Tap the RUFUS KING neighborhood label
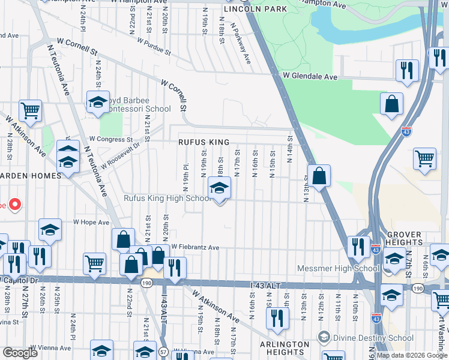(203, 142)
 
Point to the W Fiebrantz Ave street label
(195, 247)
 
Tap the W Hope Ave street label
(91, 222)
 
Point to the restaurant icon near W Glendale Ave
(407, 71)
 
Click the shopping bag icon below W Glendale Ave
(391, 104)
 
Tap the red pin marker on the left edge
(14, 205)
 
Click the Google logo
(20, 353)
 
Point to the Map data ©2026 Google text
(412, 355)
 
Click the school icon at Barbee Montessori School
(98, 103)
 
